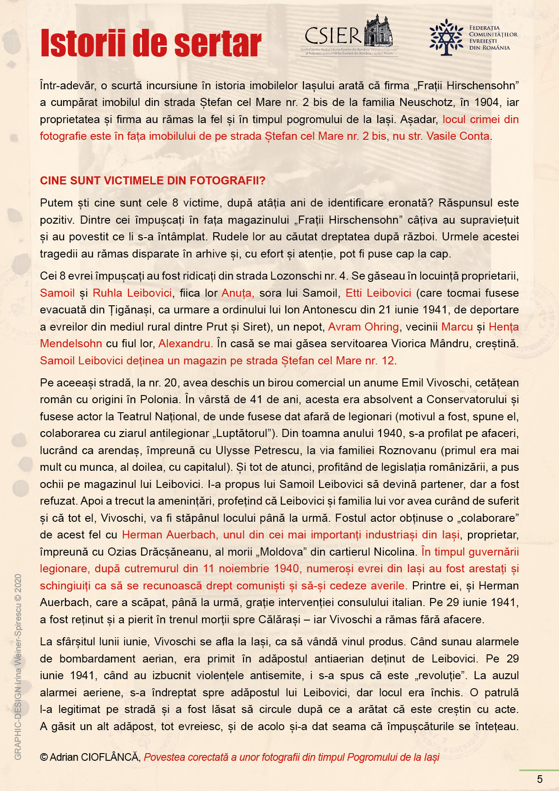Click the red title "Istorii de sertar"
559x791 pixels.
click(x=151, y=43)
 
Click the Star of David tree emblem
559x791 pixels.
click(x=446, y=37)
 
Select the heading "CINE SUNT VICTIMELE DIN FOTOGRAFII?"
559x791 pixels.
click(x=152, y=181)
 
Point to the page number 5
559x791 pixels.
click(x=540, y=779)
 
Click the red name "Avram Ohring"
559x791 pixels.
click(x=363, y=327)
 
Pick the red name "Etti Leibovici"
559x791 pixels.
click(x=378, y=293)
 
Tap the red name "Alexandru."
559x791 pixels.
click(x=185, y=344)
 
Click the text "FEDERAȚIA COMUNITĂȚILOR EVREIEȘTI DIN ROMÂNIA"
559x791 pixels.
click(x=493, y=38)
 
